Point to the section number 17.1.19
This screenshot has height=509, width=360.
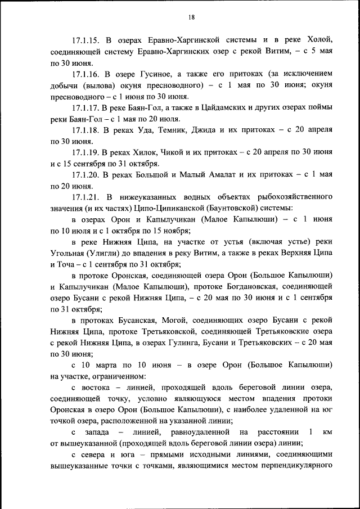(x=85, y=152)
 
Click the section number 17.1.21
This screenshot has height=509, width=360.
(x=85, y=197)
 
